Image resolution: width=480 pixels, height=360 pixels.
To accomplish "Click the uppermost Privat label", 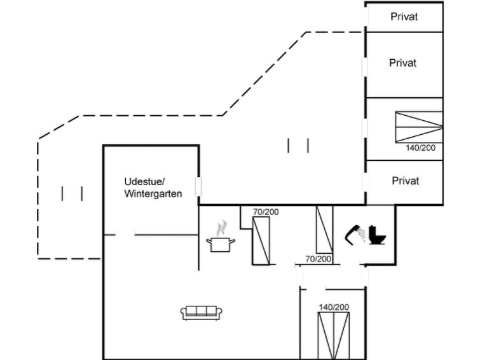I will [404, 17].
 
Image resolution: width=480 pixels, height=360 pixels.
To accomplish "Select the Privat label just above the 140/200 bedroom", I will [403, 63].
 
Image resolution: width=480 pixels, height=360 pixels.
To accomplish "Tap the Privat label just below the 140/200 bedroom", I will [406, 181].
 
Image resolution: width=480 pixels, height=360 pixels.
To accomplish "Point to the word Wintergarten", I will [153, 193].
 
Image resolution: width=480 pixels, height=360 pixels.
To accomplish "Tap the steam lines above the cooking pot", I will [221, 227].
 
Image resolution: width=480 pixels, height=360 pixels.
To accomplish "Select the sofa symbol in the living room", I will [202, 312].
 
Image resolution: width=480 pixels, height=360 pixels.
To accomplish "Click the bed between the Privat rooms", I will [418, 127].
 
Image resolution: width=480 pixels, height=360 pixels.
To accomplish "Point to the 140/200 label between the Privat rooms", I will [421, 148].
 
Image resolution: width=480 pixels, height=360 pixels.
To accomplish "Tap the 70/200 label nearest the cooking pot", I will [266, 212].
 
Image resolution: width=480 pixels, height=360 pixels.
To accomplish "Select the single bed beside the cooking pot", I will [261, 240].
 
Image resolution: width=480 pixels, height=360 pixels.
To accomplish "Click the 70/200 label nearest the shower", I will [318, 259].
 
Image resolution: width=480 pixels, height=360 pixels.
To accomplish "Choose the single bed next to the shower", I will [324, 230].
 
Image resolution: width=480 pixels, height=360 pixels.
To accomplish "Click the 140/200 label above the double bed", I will [334, 307].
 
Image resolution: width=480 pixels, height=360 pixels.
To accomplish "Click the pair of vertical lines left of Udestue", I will [72, 193].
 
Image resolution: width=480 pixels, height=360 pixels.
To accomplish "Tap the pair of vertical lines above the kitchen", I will [298, 146].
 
